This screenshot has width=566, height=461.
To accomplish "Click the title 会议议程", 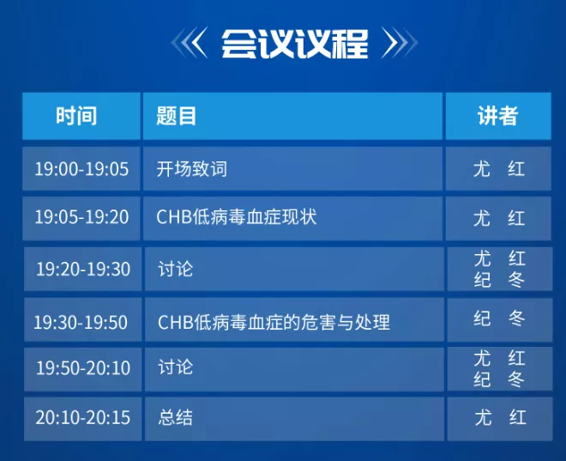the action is (x=294, y=44).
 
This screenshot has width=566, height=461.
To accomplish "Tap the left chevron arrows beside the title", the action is (x=190, y=43).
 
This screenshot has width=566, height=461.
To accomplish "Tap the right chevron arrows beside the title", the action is (x=400, y=43).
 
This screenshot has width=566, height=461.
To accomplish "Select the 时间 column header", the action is (x=76, y=116).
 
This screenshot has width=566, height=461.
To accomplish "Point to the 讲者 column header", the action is (x=498, y=116).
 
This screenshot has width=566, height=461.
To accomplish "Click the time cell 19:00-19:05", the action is (x=81, y=169).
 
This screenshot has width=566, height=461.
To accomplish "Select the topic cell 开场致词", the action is (x=192, y=169).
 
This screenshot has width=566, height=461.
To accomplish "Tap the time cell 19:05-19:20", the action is (x=81, y=217).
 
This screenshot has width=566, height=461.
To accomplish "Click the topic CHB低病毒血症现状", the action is (x=237, y=217).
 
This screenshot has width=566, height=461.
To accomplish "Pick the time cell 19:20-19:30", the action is (x=83, y=270).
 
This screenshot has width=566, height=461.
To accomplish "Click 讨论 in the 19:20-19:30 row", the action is (x=176, y=270).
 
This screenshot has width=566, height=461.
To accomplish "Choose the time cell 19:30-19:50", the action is (x=81, y=322).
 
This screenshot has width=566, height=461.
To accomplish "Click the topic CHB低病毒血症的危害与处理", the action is (x=274, y=322).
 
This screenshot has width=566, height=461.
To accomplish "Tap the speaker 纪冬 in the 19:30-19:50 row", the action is (x=499, y=318).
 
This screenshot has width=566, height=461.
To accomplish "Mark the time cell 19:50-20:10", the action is (x=83, y=367).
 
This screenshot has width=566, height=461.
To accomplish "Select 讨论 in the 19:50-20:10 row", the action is (x=176, y=367).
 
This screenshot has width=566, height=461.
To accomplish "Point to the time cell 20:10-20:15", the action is (x=82, y=417).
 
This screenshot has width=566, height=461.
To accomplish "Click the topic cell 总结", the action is (x=176, y=417).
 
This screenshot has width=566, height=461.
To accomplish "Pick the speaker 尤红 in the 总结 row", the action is (x=500, y=417).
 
